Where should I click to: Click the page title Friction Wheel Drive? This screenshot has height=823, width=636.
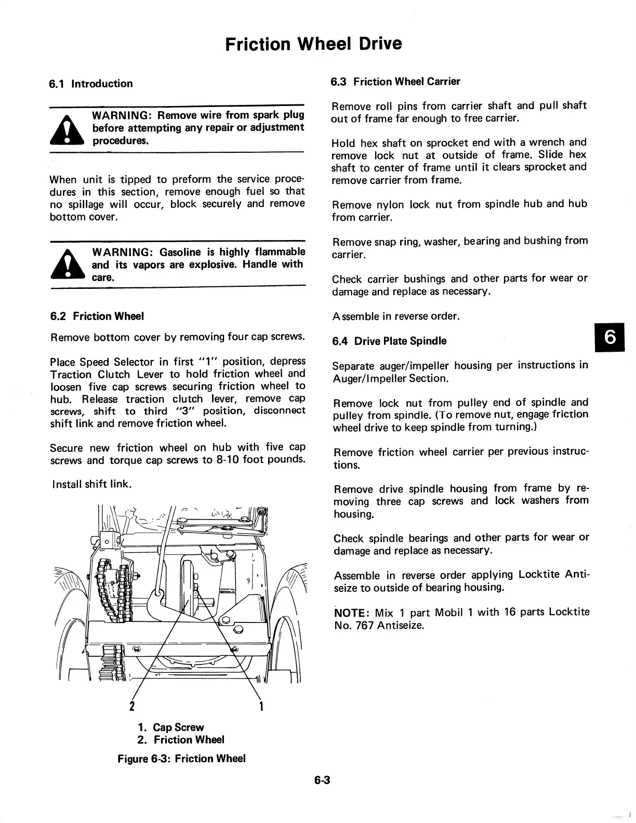click(314, 44)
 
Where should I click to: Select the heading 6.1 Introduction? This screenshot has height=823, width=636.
click(91, 84)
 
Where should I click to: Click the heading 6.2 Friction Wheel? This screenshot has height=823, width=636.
click(97, 316)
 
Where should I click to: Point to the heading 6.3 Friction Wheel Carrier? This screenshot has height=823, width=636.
click(395, 82)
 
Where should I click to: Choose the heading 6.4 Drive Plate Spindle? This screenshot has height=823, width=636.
click(389, 341)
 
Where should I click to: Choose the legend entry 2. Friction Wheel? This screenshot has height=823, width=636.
click(181, 740)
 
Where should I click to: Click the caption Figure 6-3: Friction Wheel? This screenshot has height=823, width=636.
click(181, 759)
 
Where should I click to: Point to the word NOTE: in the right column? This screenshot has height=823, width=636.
click(351, 612)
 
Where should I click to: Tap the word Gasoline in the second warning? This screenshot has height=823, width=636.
click(180, 253)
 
